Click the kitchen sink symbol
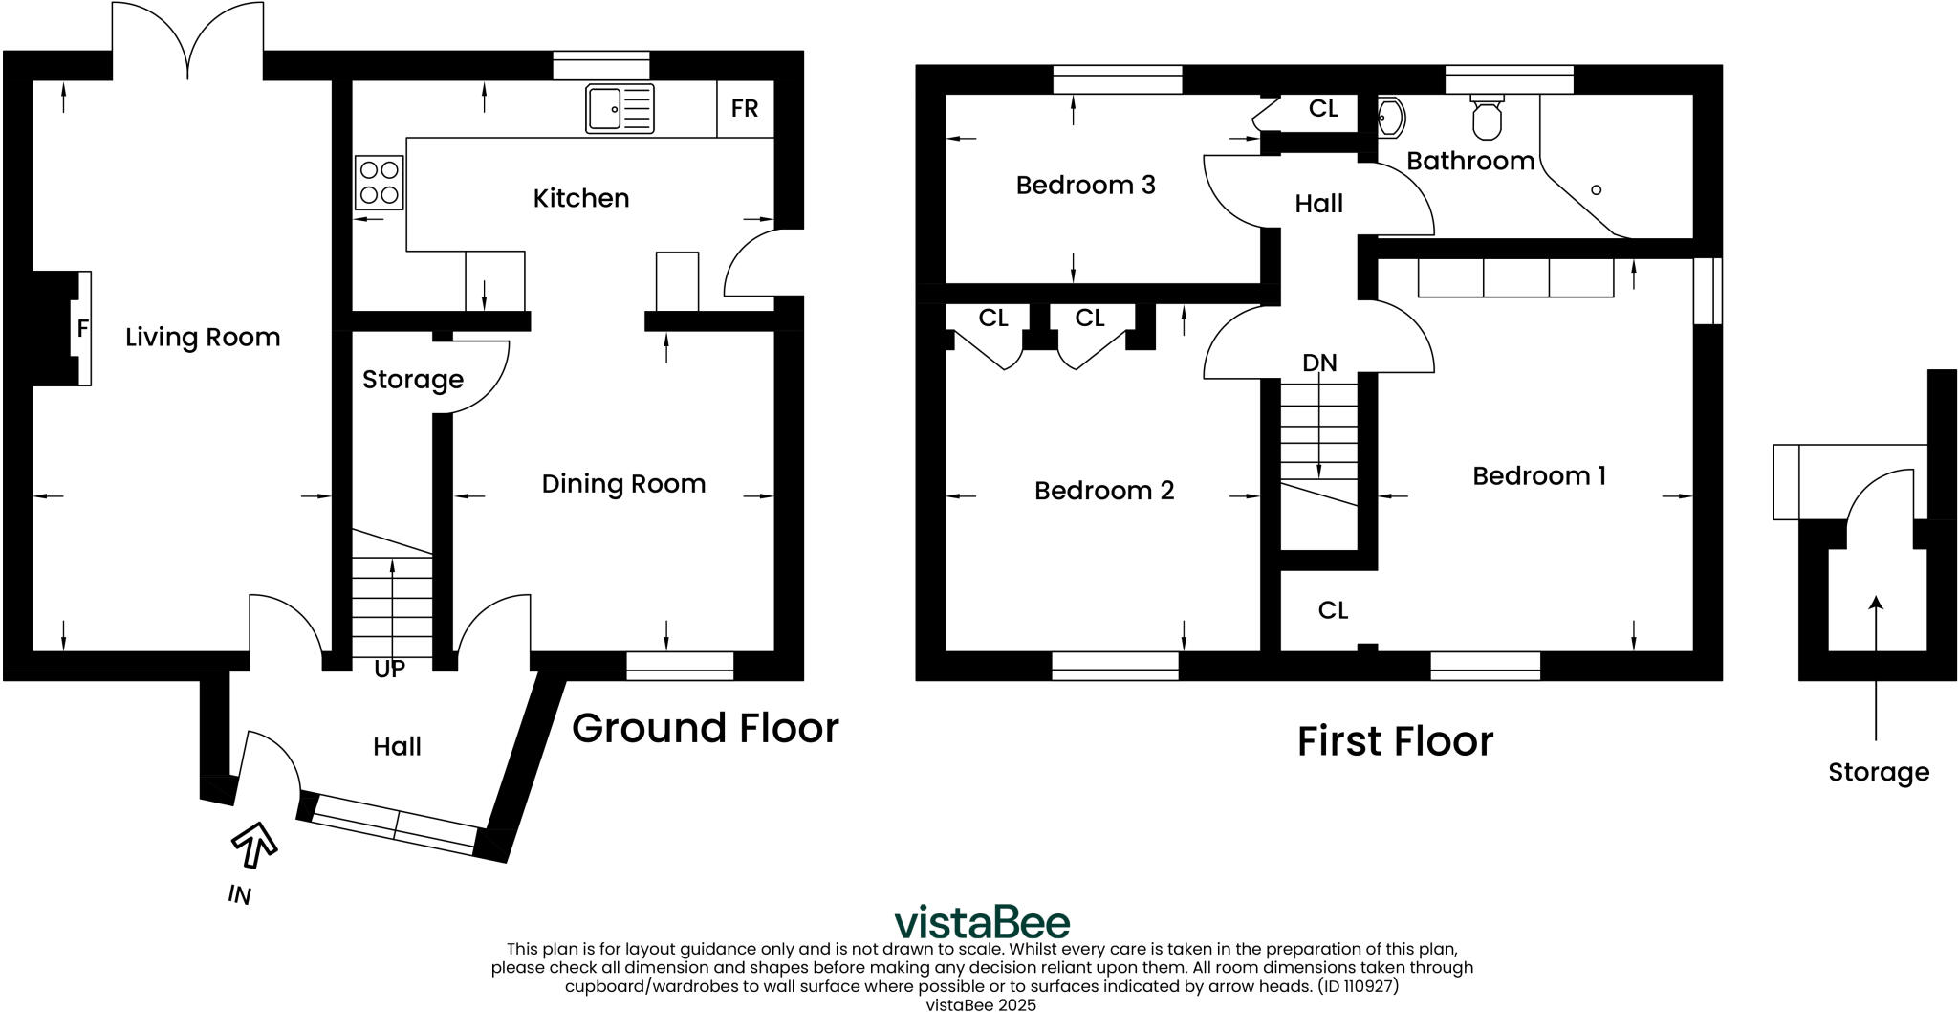coord(620,108)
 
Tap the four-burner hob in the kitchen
coord(379,183)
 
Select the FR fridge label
coord(744,108)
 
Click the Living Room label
coord(203,337)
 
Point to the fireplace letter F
coord(83,328)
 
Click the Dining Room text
coord(623,483)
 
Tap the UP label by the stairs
coord(389,669)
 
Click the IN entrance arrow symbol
coord(254,843)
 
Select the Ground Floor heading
coord(705,728)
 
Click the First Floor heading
coord(1394,741)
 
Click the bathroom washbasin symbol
coord(1391,119)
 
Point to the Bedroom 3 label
coord(1085,185)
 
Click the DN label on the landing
coord(1319,363)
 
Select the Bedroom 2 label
coord(1103,491)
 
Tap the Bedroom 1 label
coord(1538,475)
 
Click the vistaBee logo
coord(982,922)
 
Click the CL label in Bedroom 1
coord(1333,610)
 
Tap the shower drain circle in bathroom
coord(1596,190)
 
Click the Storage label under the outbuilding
coord(1878,772)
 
